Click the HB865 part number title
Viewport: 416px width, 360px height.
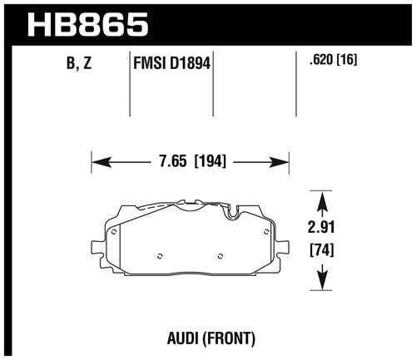88,25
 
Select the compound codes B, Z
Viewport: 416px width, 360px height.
79,64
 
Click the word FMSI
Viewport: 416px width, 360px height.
150,63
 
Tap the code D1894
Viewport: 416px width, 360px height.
190,63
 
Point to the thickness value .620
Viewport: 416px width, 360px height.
321,59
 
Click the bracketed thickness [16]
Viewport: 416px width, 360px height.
346,59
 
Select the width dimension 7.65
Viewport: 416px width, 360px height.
173,161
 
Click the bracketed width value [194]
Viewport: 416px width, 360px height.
210,161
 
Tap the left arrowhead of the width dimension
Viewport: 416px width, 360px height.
102,162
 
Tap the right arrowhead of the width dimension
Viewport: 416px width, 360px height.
279,162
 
